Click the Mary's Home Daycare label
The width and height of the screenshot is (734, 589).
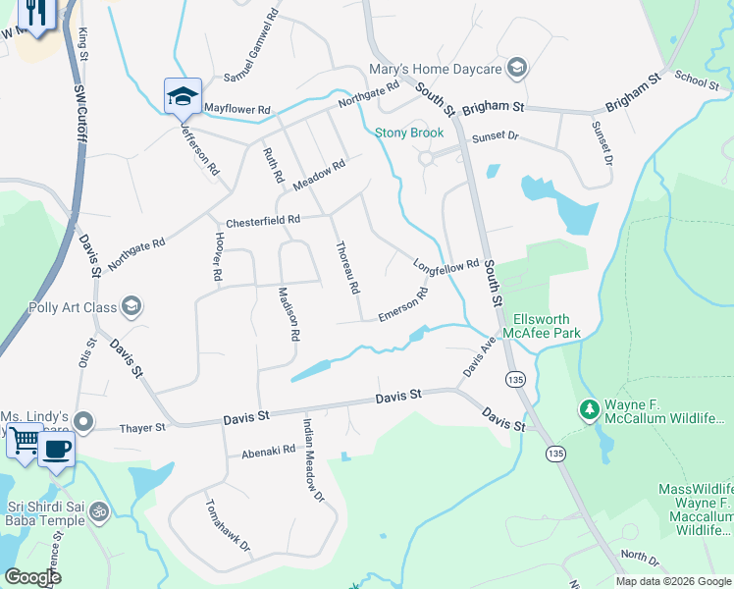coord(435,69)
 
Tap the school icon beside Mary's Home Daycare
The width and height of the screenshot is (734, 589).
coord(517,68)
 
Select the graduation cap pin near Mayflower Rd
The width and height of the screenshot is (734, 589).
coord(183,96)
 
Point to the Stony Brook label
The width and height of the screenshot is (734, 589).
coord(409,133)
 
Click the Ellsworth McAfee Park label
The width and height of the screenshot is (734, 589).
coord(541,326)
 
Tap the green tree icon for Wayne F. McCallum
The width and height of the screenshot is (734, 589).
coord(589,407)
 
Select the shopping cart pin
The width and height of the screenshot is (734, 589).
coord(24,443)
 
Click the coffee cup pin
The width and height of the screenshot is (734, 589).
coord(56,450)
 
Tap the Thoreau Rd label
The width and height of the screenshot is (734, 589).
coord(348,268)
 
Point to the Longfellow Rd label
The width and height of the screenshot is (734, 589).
coord(446,265)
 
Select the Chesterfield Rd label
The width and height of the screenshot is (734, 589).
coord(261,222)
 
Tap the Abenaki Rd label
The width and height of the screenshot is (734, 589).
coord(268,451)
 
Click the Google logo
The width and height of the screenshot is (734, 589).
coord(33,577)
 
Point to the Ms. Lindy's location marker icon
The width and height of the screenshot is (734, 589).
coord(84,423)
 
